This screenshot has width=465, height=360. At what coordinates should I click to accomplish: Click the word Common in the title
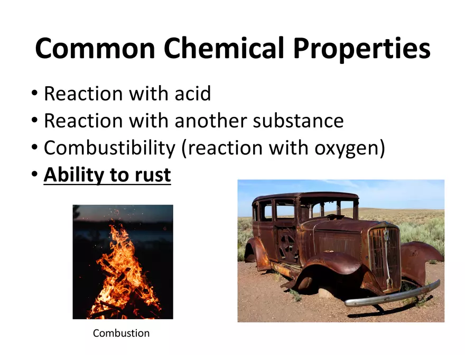click(96, 48)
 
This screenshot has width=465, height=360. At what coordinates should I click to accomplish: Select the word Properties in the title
click(361, 49)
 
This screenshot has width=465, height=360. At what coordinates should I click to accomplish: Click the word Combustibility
click(109, 148)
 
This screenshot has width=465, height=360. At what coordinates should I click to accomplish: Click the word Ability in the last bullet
click(73, 175)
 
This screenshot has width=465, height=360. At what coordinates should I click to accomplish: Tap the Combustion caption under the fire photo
click(121, 333)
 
